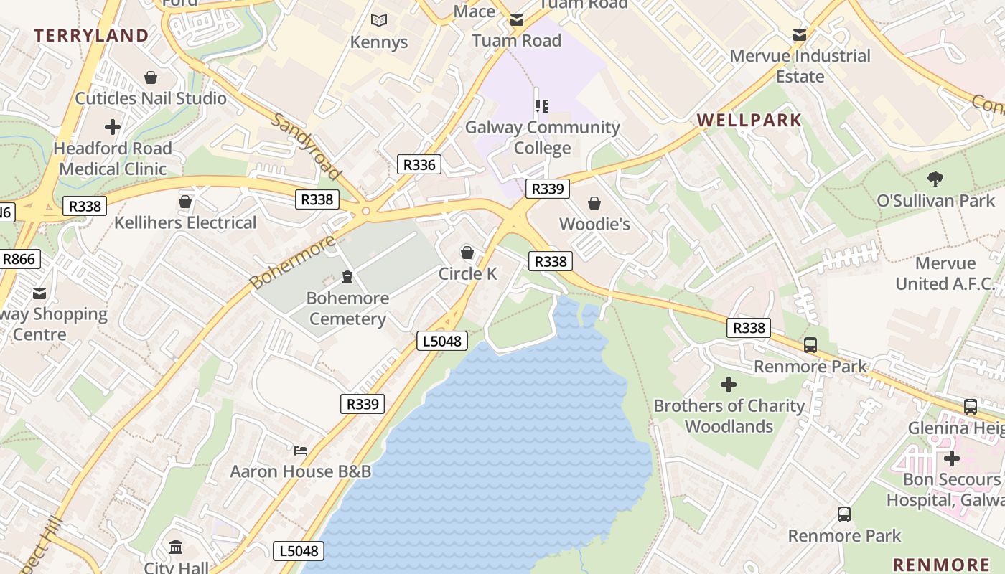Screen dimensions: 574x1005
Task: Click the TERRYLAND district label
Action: [x=91, y=35]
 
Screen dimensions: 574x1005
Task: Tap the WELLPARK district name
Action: [x=749, y=120]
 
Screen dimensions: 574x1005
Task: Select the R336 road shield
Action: [x=419, y=164]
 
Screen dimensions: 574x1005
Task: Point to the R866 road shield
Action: [x=19, y=259]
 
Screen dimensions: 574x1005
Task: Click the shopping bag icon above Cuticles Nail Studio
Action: [x=151, y=77]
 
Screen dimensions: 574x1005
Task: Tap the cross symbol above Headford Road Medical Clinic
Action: [x=113, y=128]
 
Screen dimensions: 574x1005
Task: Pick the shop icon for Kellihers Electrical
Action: [x=185, y=202]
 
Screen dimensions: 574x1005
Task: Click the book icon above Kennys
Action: [x=378, y=21]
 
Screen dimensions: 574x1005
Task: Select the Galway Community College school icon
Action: [x=542, y=106]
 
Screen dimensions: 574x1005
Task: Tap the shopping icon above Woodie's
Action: [x=594, y=203]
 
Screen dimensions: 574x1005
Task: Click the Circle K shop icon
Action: [x=467, y=253]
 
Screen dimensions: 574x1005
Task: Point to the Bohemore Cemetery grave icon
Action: [x=347, y=277]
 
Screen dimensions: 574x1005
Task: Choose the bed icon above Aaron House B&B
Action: [x=301, y=451]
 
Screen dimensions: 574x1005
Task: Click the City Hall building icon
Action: [x=176, y=548]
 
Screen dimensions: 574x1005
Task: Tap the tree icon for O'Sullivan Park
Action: [x=935, y=179]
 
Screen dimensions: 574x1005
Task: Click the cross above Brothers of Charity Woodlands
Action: [x=729, y=385]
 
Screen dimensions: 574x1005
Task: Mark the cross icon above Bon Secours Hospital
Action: [x=952, y=458]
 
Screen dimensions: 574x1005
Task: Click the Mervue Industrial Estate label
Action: [x=800, y=65]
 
